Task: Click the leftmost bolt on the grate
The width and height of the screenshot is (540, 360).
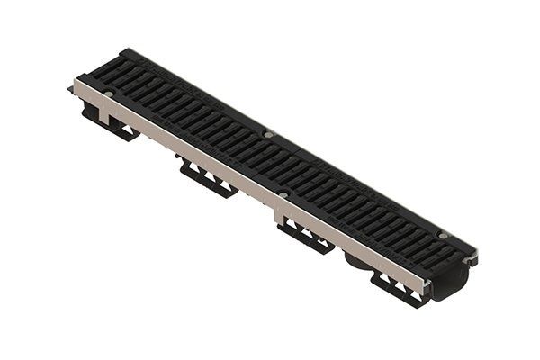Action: click(108, 93)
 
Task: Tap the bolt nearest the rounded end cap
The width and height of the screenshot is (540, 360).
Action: click(442, 236)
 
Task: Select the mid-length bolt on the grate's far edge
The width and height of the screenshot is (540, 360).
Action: click(268, 136)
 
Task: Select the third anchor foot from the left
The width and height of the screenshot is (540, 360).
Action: click(305, 235)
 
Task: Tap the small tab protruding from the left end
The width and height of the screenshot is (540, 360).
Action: click(69, 90)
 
